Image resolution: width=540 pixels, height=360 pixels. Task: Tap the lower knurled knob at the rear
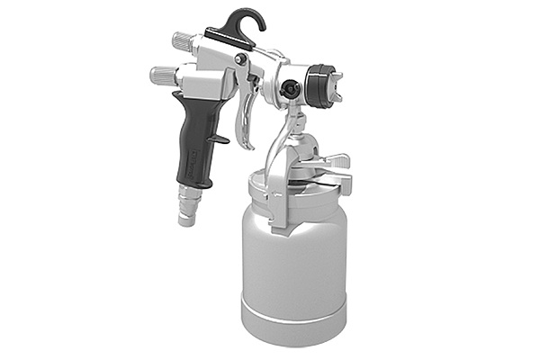coord(163,76)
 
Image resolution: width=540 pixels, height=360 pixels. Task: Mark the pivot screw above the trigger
coord(242,59)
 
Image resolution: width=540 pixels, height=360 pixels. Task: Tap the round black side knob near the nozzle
coord(290,88)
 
